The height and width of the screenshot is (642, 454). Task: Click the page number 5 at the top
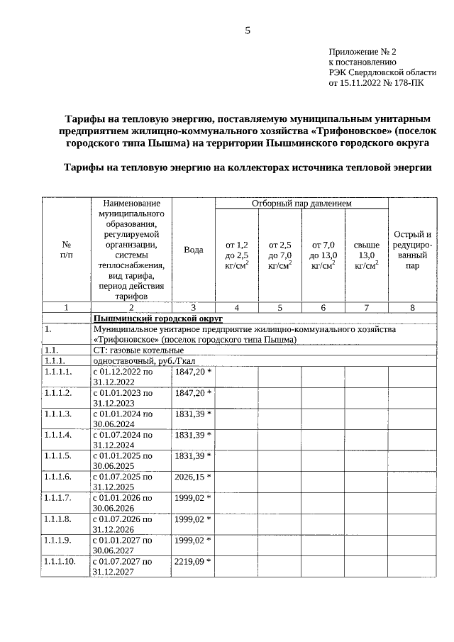(248, 31)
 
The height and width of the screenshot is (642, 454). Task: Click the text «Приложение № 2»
(362, 52)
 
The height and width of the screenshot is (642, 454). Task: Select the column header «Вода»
(193, 250)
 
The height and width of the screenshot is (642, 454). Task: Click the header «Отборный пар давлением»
(301, 204)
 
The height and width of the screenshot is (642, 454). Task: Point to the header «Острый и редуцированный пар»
(412, 250)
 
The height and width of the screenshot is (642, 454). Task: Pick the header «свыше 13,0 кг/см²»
(366, 255)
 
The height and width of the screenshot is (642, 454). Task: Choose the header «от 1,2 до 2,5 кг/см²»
(236, 255)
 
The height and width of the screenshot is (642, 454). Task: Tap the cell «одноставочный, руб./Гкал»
(139, 360)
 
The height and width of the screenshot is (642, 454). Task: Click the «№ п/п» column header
(66, 249)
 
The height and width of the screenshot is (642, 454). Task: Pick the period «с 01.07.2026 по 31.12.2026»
(123, 524)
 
